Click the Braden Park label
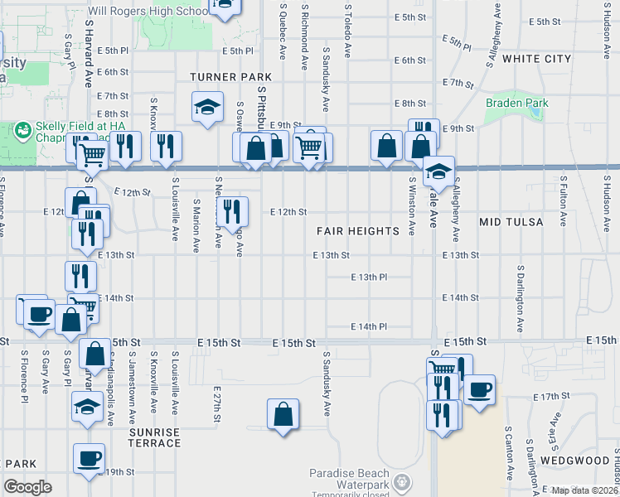click(516, 103)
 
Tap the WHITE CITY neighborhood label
click(536, 59)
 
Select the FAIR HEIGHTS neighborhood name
click(357, 231)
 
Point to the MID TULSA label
click(511, 222)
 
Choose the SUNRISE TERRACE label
click(155, 437)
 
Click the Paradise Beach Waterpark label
click(349, 478)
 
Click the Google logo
click(27, 486)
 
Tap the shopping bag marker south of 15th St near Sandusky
click(283, 415)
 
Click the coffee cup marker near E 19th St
click(89, 459)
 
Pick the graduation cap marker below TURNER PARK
click(206, 107)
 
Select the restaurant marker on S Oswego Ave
click(232, 212)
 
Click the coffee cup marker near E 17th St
click(479, 389)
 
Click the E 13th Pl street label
click(369, 277)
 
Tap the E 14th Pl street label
click(369, 326)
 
